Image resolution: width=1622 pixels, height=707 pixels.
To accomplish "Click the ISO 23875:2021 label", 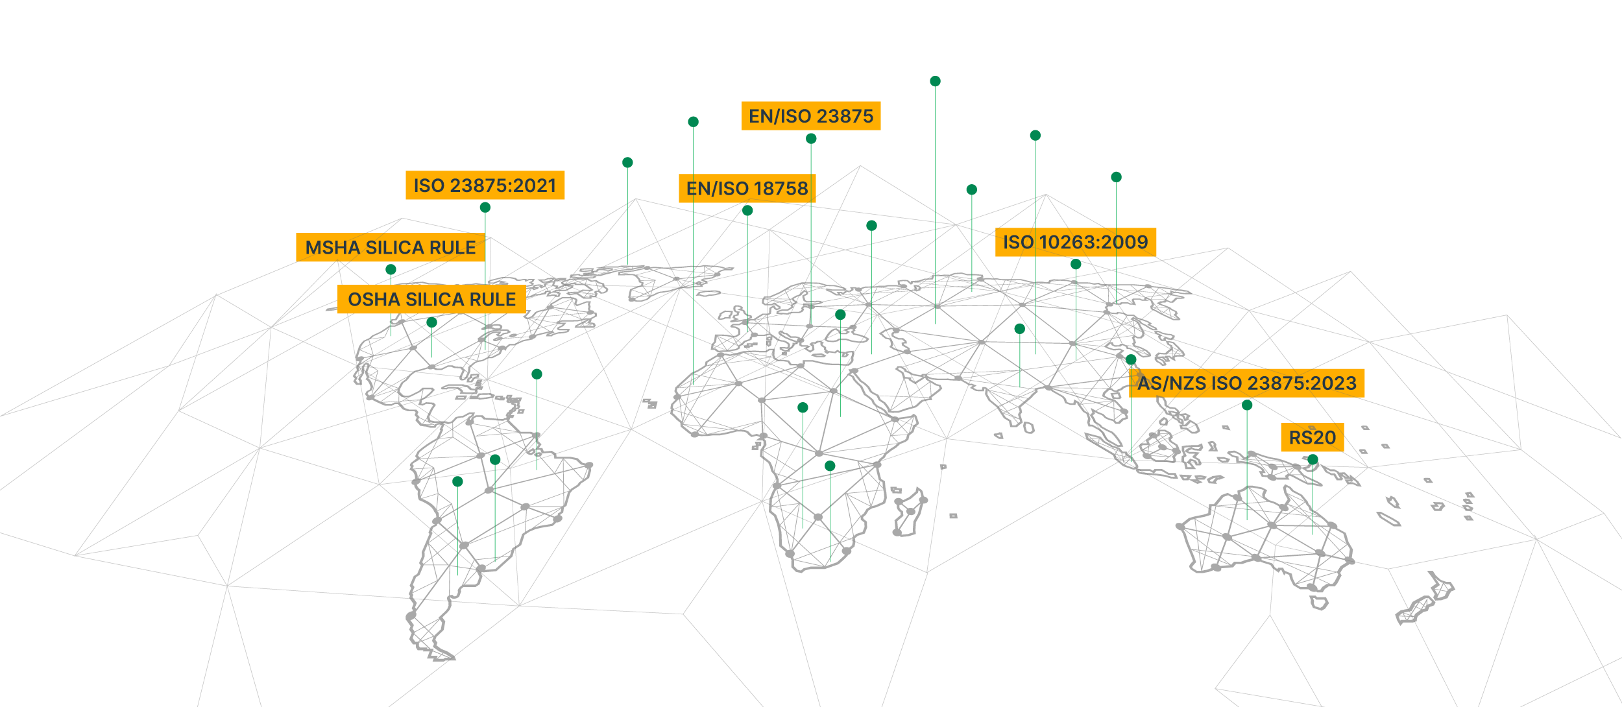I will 485,186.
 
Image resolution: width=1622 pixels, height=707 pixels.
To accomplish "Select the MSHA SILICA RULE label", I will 391,248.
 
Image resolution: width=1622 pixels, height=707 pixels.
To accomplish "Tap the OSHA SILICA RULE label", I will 431,300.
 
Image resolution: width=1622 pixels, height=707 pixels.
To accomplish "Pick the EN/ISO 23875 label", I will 811,116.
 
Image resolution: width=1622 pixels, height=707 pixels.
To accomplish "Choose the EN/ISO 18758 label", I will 747,189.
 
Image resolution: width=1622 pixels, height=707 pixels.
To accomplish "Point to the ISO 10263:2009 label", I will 1075,243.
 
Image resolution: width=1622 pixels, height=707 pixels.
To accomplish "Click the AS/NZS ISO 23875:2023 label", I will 1246,383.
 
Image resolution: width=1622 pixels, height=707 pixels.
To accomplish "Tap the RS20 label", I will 1312,438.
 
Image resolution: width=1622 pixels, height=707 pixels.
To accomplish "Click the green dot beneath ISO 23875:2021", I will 485,208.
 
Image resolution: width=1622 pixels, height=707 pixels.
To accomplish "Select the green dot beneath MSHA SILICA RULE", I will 391,269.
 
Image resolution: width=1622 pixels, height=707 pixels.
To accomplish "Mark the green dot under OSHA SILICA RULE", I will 431,322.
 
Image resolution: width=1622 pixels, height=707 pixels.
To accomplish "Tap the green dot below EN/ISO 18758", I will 747,211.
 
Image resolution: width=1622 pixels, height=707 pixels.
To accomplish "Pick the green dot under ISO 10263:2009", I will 1076,264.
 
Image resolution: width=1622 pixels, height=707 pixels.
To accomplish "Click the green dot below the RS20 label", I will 1313,459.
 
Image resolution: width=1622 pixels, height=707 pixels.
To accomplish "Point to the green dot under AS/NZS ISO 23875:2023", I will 1247,405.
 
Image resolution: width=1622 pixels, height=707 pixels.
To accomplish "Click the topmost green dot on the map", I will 935,81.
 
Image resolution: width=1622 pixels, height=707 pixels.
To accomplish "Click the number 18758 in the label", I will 781,189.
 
